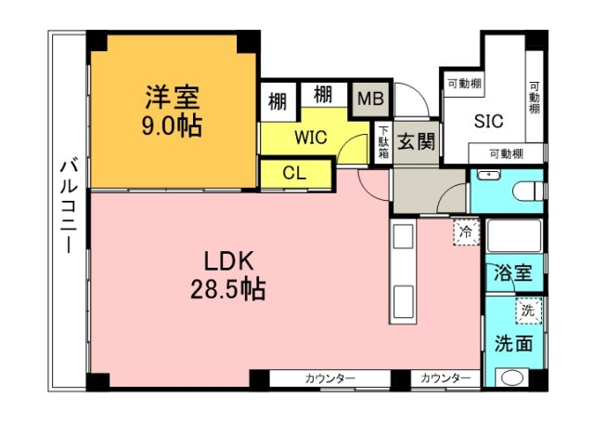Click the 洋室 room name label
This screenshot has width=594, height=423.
pyautogui.click(x=172, y=96)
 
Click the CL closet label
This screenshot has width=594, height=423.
pyautogui.click(x=294, y=173)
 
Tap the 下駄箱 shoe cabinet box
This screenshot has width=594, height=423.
pyautogui.click(x=383, y=142)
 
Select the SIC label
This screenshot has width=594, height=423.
pyautogui.click(x=489, y=121)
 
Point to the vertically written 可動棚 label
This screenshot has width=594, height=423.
pyautogui.click(x=535, y=96)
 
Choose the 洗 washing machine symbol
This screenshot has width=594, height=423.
pyautogui.click(x=527, y=310)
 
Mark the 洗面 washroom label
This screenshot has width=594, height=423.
pyautogui.click(x=512, y=343)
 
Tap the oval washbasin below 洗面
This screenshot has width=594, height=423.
pyautogui.click(x=511, y=378)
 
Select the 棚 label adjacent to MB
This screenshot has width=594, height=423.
pyautogui.click(x=323, y=94)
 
